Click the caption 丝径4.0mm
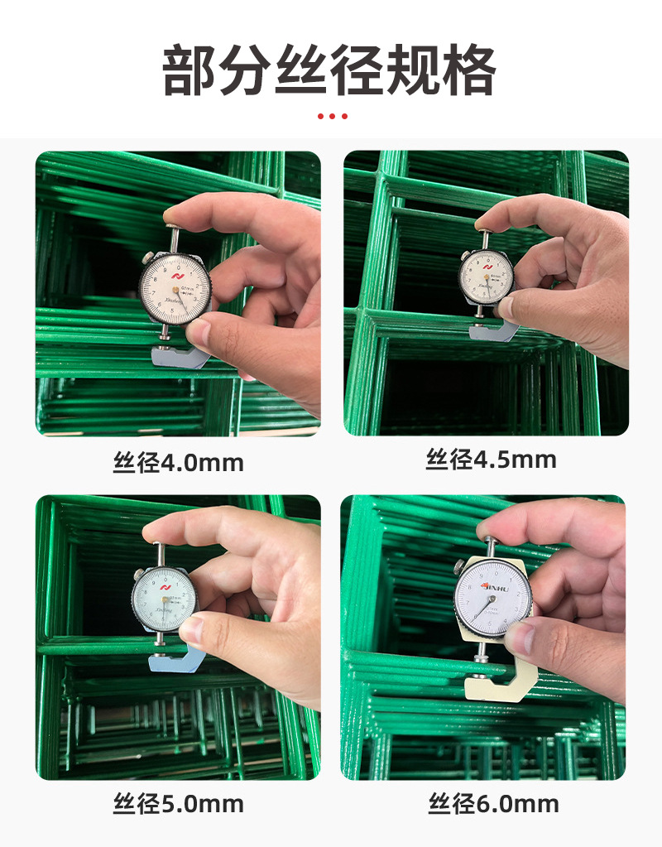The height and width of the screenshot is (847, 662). pyautogui.click(x=178, y=462)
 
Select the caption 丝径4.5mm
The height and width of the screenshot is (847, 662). pyautogui.click(x=491, y=460)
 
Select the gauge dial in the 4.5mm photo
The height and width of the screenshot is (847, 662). pyautogui.click(x=486, y=277)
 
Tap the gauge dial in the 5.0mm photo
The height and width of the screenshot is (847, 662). pyautogui.click(x=164, y=599)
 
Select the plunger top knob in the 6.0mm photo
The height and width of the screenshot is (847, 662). pyautogui.click(x=491, y=541)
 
